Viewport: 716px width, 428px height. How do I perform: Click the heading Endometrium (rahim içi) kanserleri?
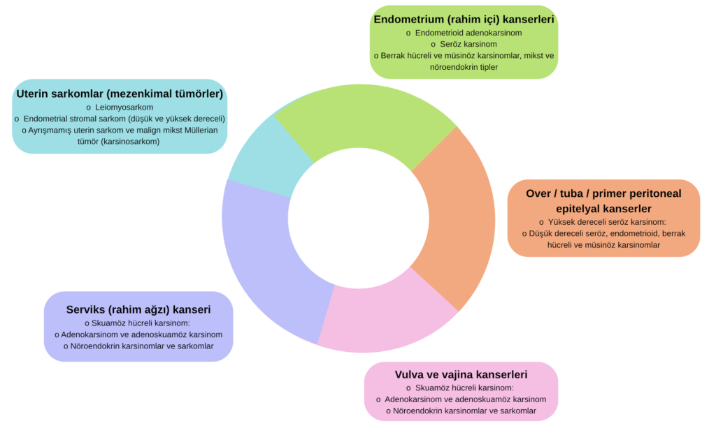click(464, 19)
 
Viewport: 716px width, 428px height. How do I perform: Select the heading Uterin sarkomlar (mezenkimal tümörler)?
click(120, 93)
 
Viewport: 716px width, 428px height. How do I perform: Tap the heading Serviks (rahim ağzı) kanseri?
click(138, 309)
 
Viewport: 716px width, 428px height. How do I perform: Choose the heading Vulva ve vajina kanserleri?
click(461, 374)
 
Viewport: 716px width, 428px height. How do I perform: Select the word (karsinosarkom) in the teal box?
click(128, 141)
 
